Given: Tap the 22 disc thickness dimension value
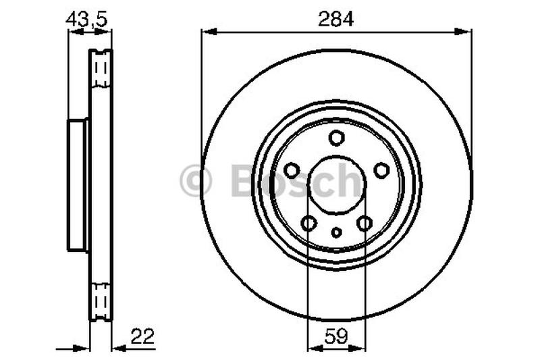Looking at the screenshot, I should pos(143,336).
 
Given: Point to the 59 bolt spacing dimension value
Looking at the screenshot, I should pos(336,336).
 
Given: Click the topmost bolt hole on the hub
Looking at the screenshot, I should pos(336,138).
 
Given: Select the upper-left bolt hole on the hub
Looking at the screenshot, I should pos(292,170).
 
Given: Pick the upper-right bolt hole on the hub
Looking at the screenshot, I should pos(381,170).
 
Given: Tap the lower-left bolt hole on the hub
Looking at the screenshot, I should pos(308,223).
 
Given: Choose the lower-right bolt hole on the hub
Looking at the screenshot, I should pos(364,223).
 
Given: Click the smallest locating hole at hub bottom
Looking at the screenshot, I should pos(336,233).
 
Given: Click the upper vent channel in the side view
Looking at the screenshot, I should pos(101,69).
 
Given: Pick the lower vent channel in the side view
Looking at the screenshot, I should pos(101,299).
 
